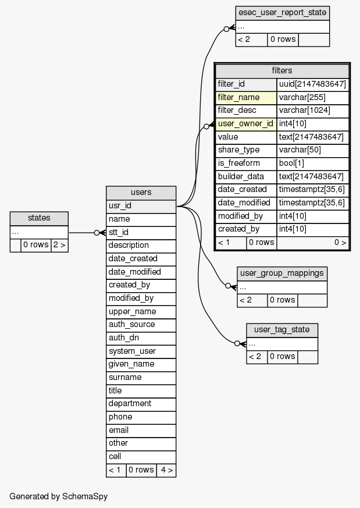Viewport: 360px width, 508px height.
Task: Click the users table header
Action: point(141,193)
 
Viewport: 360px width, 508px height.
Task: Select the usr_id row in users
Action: point(141,206)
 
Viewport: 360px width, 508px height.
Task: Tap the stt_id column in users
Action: point(141,232)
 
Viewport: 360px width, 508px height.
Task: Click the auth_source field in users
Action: point(141,325)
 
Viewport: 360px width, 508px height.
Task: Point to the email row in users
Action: point(141,430)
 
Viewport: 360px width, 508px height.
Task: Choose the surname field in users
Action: point(141,377)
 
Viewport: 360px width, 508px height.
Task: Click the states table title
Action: point(39,218)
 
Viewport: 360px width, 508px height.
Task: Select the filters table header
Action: point(282,70)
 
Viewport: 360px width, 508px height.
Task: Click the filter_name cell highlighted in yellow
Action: point(246,97)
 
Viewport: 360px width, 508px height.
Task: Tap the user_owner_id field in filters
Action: point(246,123)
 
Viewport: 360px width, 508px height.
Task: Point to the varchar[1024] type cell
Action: point(312,110)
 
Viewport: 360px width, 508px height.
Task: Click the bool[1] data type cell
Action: point(312,163)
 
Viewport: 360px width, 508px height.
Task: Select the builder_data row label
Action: point(246,176)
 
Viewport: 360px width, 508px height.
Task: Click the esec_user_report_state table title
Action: point(282,13)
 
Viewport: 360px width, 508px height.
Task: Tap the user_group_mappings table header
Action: point(282,273)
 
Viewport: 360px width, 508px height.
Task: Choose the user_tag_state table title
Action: point(282,330)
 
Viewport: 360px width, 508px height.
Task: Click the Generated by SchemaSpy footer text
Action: point(59,496)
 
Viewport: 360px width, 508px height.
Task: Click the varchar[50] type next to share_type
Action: point(312,150)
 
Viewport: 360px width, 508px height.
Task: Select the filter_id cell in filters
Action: point(246,84)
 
